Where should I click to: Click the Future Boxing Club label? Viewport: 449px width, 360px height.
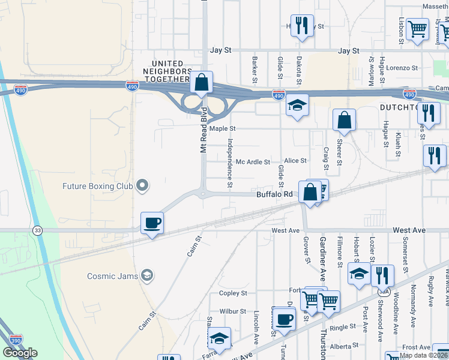[x=97, y=186]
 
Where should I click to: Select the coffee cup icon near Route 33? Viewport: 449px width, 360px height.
[x=152, y=223]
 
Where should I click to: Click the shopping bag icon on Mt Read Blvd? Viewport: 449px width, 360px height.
[x=202, y=82]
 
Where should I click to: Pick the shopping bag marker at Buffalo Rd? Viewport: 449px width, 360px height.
[x=310, y=193]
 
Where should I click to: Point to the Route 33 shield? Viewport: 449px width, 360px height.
[x=38, y=230]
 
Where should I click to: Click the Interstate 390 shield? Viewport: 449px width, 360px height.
[x=16, y=340]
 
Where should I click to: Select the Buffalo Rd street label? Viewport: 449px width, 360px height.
[x=274, y=194]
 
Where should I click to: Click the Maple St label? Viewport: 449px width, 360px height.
[x=222, y=128]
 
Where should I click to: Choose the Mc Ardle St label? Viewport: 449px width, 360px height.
[x=253, y=161]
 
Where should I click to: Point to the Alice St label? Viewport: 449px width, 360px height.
[x=295, y=161]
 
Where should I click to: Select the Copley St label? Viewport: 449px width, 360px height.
[x=233, y=293]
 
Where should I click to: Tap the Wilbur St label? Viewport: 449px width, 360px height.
[x=233, y=311]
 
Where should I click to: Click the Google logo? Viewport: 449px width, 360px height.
[x=20, y=353]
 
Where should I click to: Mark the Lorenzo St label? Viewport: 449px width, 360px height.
[x=402, y=68]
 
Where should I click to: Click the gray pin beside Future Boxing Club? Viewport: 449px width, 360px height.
[x=142, y=185]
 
